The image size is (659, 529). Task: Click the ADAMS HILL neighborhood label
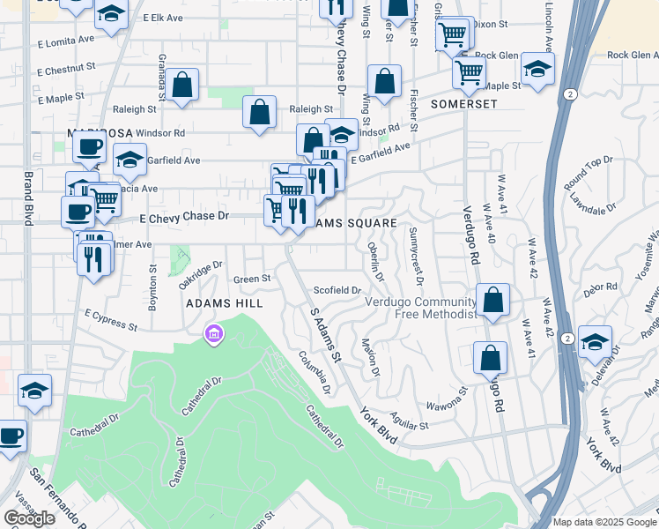pos(223,302)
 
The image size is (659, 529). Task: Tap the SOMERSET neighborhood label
pos(464,104)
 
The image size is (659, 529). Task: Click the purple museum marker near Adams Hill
pos(214,334)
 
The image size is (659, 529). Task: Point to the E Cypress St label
pos(111,319)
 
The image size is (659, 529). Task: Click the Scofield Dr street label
pos(337,290)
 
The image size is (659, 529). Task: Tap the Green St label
pos(251,279)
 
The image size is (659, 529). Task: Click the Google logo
pos(29,518)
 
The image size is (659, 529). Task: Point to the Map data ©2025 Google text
pos(604,522)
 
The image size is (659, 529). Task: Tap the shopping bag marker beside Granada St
pos(182,86)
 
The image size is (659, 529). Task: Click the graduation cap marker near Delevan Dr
pos(595,342)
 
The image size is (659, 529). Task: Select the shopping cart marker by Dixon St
pos(452,36)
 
